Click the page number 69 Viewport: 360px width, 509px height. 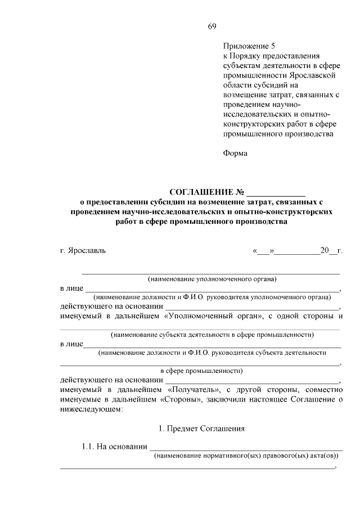212,26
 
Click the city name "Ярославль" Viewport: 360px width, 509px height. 86,250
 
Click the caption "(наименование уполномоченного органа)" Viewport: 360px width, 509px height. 212,278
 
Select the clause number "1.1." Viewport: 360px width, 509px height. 89,447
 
